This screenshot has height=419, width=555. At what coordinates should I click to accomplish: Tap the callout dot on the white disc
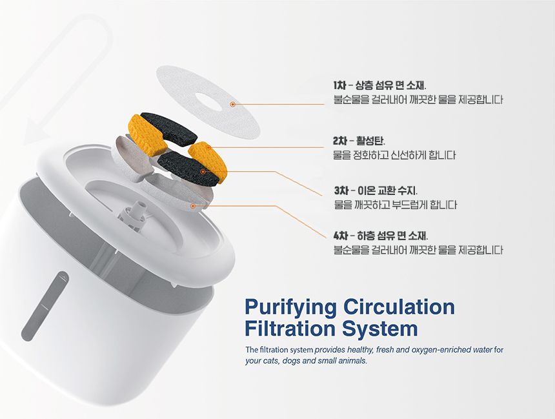232,104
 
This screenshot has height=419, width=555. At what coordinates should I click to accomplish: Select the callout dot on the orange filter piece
208,147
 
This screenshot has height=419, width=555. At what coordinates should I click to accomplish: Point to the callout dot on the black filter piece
203,172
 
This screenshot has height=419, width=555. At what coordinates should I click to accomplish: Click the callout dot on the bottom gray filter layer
193,206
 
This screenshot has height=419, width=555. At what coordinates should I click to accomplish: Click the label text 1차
339,85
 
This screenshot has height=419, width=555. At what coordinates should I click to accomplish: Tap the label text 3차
341,190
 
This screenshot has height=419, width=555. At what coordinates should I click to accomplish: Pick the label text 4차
341,236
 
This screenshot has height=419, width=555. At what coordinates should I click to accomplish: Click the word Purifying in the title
290,307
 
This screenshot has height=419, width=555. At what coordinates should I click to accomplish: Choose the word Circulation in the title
399,307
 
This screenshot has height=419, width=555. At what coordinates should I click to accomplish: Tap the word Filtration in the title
290,329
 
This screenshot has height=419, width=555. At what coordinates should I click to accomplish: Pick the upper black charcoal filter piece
169,128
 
